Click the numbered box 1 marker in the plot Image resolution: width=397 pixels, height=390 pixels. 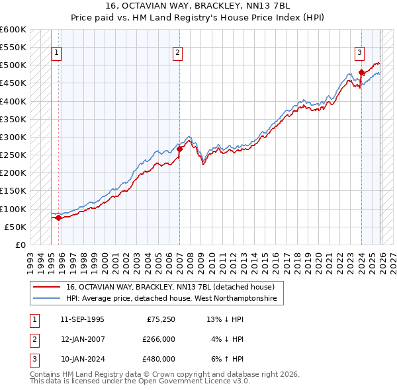tap(57, 53)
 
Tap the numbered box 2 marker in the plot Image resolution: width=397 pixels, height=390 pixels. tap(179, 53)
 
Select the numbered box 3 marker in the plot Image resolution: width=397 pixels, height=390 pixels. tap(359, 53)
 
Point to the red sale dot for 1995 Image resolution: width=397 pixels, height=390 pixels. tap(58, 217)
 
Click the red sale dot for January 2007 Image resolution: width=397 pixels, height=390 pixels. tap(179, 149)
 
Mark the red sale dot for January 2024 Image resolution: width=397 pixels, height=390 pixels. tap(361, 73)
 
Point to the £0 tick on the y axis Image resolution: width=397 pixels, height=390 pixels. tap(20, 245)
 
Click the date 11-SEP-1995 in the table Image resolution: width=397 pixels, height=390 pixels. tap(82, 319)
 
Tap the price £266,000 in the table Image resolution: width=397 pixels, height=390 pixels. tap(159, 339)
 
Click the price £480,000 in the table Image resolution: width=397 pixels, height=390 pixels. tap(159, 359)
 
